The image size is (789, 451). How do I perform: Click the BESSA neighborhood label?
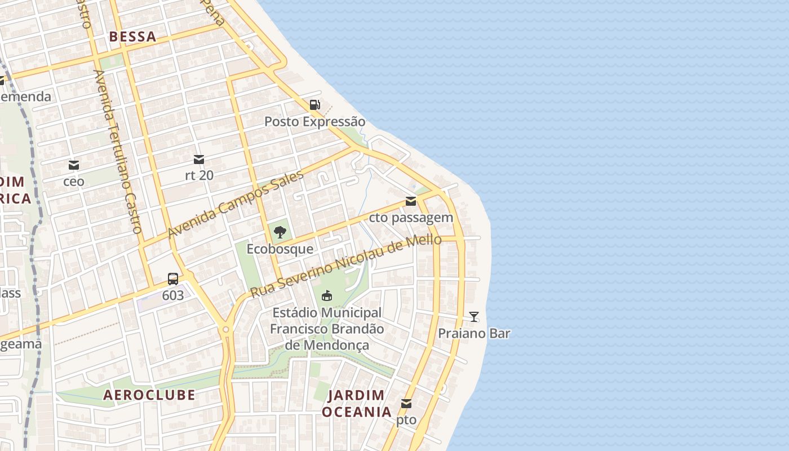click(x=132, y=37)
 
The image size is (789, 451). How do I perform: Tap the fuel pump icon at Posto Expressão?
click(x=314, y=104)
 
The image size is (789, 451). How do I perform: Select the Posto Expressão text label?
click(x=314, y=122)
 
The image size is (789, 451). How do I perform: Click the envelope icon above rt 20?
click(x=199, y=160)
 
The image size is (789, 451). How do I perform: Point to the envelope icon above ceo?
click(x=74, y=165)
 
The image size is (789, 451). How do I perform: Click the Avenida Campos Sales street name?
click(x=236, y=204)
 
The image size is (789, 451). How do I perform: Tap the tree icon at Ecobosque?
click(x=280, y=231)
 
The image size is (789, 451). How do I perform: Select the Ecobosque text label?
click(x=280, y=249)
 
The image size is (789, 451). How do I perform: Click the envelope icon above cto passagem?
click(x=411, y=201)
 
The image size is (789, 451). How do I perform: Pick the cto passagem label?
click(x=411, y=218)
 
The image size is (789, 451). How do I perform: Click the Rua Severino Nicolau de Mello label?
click(x=345, y=266)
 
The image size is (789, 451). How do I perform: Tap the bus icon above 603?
click(x=173, y=278)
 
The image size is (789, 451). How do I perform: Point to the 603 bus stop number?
click(x=173, y=295)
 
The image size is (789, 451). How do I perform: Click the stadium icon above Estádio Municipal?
click(x=326, y=295)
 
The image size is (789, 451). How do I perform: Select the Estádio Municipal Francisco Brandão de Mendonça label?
click(x=327, y=329)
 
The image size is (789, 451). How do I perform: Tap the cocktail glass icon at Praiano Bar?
click(x=474, y=316)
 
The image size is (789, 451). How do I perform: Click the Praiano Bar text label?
click(x=474, y=333)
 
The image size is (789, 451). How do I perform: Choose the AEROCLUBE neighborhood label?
click(x=149, y=395)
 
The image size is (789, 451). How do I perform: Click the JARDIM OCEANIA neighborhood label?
click(x=356, y=403)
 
